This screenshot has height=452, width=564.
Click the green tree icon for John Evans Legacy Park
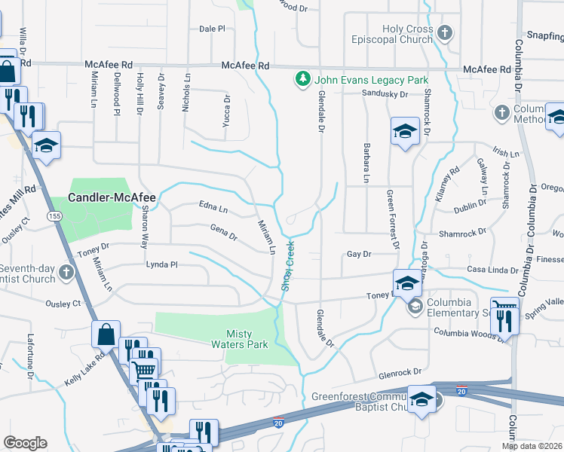(302, 79)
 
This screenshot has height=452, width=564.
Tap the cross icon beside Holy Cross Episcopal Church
(446, 33)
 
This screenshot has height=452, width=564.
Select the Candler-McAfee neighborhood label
(112, 198)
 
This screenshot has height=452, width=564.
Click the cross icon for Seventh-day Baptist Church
(67, 271)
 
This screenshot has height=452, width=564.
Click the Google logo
(25, 443)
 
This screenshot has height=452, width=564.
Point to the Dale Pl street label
(212, 29)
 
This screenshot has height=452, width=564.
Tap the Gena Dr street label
(224, 233)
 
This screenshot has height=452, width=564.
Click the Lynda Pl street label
(161, 264)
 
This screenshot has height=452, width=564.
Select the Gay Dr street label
(359, 255)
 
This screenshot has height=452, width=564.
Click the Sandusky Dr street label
(385, 94)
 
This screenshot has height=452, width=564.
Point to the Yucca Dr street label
(225, 110)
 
